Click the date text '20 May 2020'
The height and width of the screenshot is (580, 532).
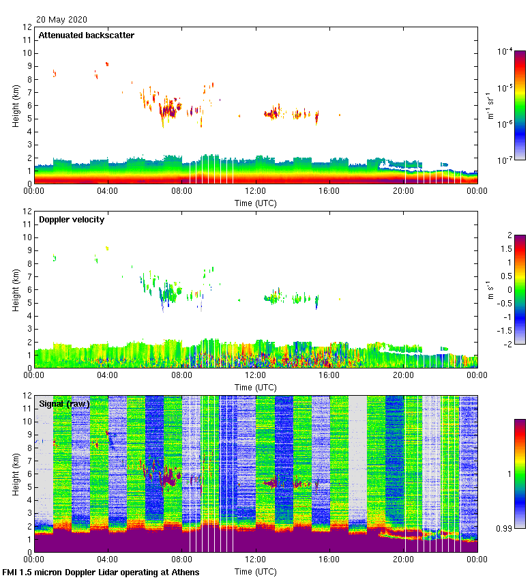61,20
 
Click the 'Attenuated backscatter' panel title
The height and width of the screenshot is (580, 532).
87,35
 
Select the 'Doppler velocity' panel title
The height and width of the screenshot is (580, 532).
72,220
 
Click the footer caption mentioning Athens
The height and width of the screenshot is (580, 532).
101,572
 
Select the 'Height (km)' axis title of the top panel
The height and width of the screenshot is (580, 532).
16,106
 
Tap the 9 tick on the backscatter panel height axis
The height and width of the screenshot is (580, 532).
29,66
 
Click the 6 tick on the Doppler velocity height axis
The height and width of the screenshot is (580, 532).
29,289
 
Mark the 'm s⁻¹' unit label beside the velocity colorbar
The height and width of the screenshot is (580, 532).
489,289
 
